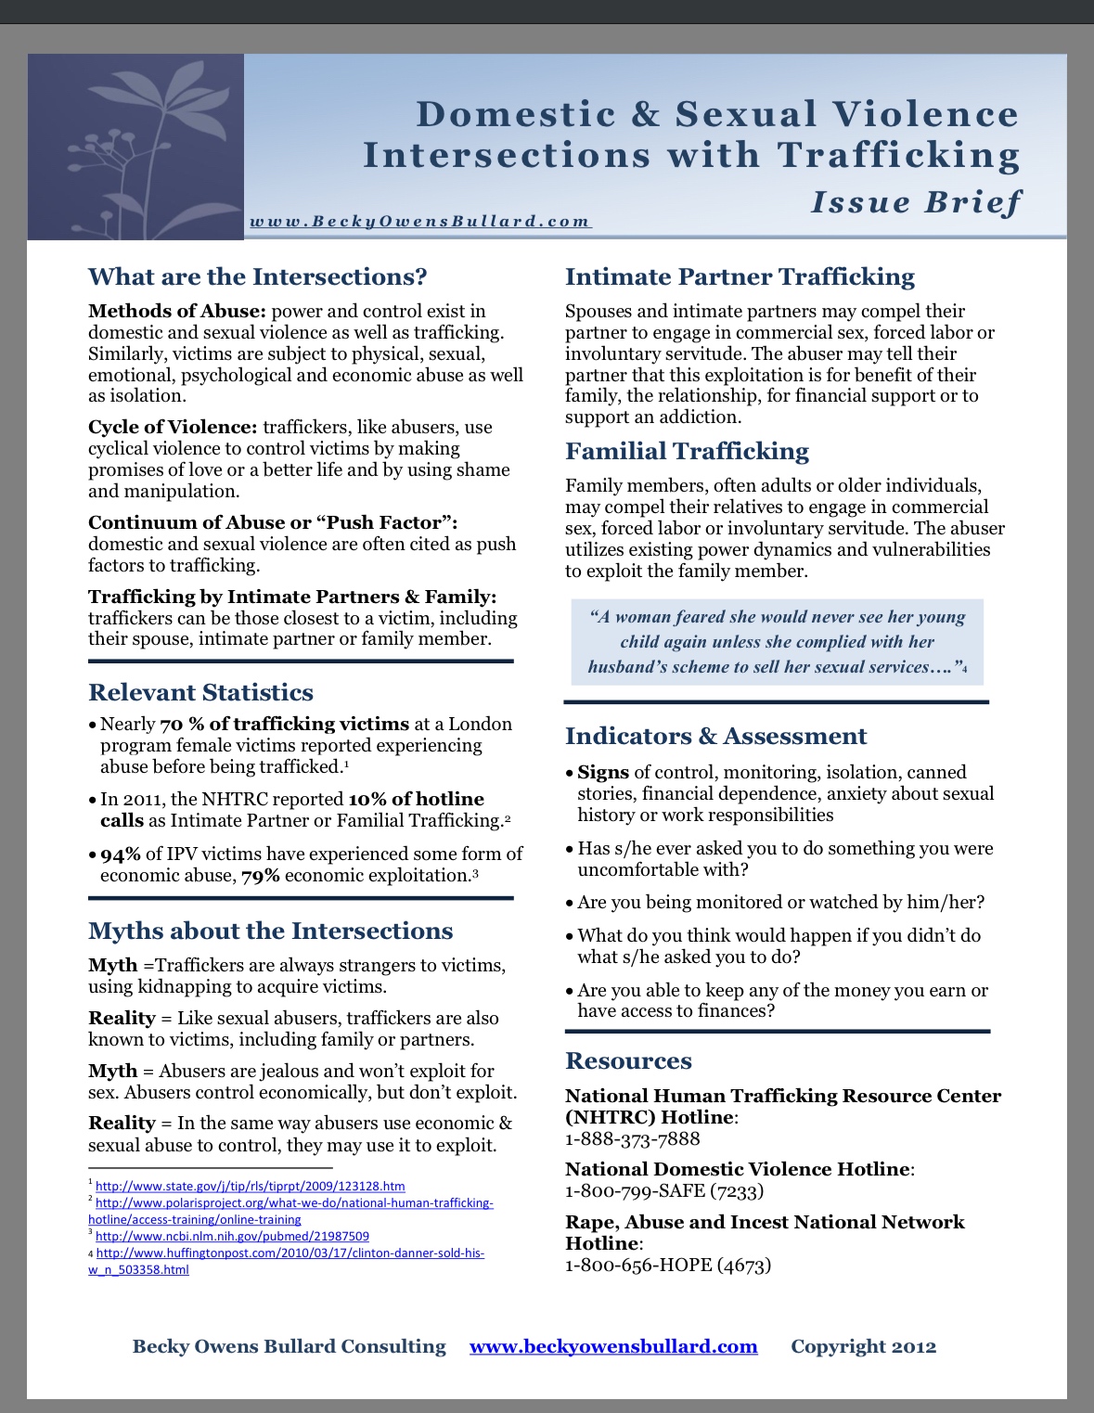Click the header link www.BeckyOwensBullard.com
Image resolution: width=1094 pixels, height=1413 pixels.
coord(419,221)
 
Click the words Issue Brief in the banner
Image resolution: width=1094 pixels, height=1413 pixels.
coord(915,202)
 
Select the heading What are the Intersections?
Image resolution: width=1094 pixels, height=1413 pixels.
coord(257,276)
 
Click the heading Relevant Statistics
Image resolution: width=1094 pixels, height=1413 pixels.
coord(200,692)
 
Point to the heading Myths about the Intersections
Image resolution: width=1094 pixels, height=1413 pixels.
coord(270,931)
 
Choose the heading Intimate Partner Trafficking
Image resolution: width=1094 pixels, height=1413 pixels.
coord(740,276)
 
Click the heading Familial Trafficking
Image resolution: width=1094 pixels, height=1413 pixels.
coord(687,451)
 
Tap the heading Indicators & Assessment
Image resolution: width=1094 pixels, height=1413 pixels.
coord(715,736)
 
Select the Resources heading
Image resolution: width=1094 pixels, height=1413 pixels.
coord(628,1060)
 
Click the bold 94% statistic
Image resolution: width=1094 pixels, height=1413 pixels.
coord(121,854)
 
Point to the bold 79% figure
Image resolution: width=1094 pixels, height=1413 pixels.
coord(261,875)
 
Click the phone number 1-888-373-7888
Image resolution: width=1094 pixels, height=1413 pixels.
coord(632,1138)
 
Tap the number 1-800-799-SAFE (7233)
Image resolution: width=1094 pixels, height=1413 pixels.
coord(664,1190)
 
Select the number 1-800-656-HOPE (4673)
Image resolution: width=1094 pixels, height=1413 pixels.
coord(668,1265)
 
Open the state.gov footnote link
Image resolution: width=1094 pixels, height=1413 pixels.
coord(250,1186)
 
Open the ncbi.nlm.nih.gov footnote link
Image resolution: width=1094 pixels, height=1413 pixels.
coord(232,1236)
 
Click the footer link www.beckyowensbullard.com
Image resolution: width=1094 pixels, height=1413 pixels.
coord(613,1346)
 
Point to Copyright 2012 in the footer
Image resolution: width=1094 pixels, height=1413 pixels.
coord(863,1346)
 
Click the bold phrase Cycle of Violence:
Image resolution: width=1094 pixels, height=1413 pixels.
coord(173,427)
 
